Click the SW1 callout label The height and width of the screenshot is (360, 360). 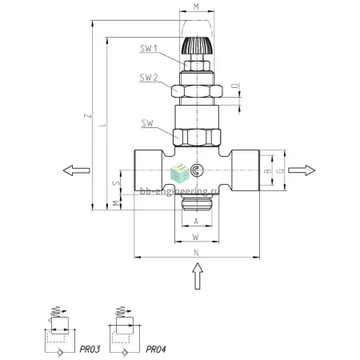tap(149, 48)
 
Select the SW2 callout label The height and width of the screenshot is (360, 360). tap(149, 78)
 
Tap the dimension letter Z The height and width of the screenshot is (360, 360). tap(88, 116)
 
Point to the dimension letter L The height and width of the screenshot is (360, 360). tap(102, 125)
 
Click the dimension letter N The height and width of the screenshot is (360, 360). tap(196, 253)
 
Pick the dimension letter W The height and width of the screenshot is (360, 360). tap(196, 237)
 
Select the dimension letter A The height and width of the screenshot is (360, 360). tap(196, 222)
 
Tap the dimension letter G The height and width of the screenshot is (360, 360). tap(281, 170)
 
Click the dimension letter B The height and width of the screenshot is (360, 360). tap(268, 171)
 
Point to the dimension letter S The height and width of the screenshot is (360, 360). tap(116, 183)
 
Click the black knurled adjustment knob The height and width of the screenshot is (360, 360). tap(197, 46)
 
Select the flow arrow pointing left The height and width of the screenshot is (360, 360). tap(76, 170)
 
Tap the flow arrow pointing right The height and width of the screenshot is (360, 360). tap(302, 170)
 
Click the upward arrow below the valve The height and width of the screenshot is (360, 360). tap(198, 276)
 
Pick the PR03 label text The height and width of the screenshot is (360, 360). tap(90, 350)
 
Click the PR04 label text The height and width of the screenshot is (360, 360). tap(156, 350)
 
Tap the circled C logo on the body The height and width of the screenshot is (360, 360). tap(197, 170)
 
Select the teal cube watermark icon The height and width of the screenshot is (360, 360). tap(180, 173)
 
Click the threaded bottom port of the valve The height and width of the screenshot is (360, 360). tap(197, 202)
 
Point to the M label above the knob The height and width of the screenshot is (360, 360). tap(196, 6)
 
